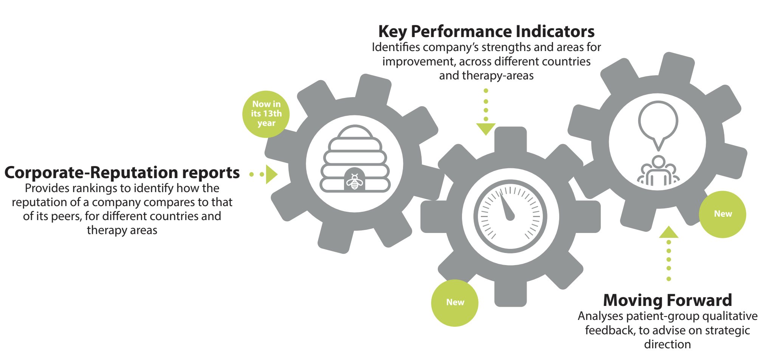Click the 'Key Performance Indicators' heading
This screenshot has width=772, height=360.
point(486,32)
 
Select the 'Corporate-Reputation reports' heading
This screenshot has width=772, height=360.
point(122,173)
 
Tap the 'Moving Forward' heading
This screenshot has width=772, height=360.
point(667,300)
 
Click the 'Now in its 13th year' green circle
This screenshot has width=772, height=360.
point(266,114)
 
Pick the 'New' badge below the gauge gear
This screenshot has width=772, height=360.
point(455,303)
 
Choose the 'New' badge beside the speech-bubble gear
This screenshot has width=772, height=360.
point(722,214)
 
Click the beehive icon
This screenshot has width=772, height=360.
point(355,159)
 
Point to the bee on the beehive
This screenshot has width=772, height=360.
point(355,182)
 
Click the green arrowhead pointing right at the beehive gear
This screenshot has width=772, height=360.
point(272,174)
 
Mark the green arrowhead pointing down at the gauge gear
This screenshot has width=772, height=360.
point(486,129)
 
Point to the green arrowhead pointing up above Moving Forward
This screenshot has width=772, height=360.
point(669,232)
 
